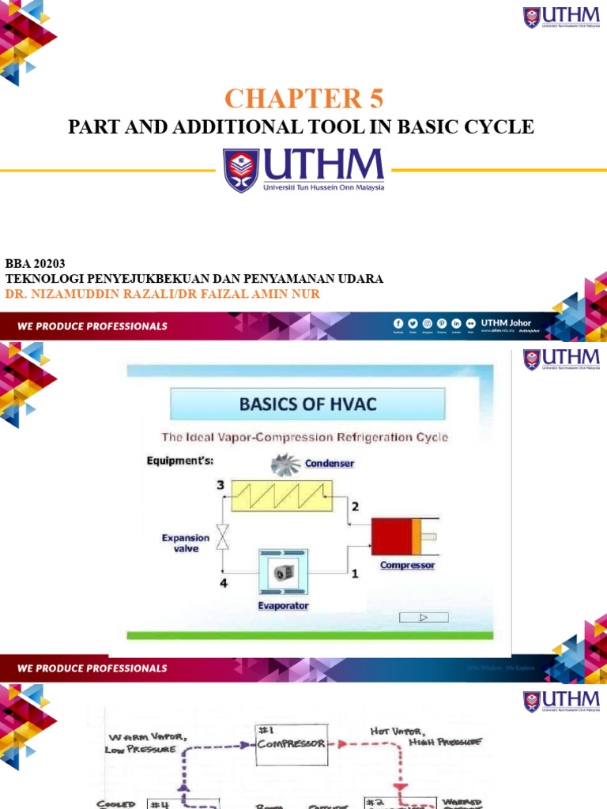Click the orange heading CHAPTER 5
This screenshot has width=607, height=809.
point(303,100)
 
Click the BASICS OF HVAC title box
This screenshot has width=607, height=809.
point(308,406)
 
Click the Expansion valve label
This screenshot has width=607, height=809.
point(186,543)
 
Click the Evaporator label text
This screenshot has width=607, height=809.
point(283,606)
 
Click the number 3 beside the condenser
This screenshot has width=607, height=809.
point(221,485)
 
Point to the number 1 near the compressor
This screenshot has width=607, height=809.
point(355,574)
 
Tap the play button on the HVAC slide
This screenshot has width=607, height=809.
point(422,618)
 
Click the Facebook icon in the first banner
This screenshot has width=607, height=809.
point(398,323)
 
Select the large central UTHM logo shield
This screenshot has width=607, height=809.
point(239,171)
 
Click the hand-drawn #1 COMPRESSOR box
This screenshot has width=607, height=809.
point(292,744)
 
